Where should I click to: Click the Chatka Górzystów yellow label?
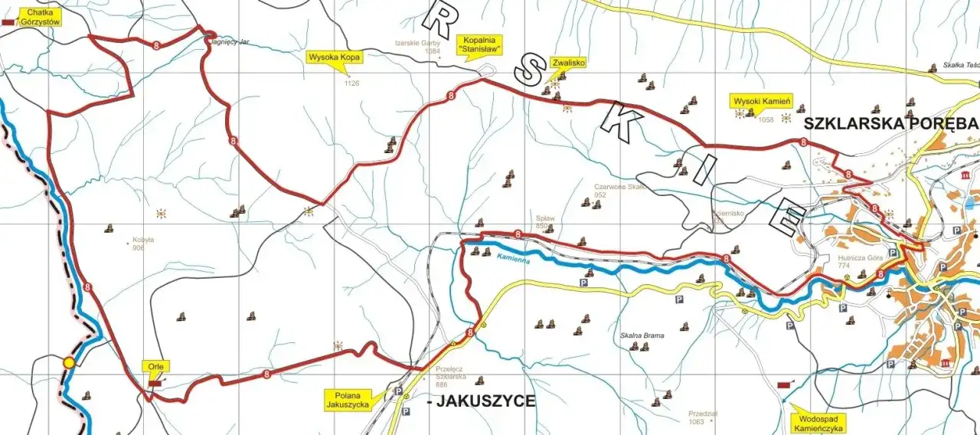pos(42,17)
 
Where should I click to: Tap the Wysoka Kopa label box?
pos(334,57)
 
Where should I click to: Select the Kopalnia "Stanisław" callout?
pos(479,44)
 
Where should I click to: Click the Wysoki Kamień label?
pos(762,100)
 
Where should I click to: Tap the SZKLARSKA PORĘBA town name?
pos(890,123)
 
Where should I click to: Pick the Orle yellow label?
pos(157,366)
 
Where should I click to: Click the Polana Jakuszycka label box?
pos(347,399)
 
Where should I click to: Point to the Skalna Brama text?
pos(642,335)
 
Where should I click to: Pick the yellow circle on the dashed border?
pos(69,362)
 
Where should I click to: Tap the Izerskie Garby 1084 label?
pos(417,47)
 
